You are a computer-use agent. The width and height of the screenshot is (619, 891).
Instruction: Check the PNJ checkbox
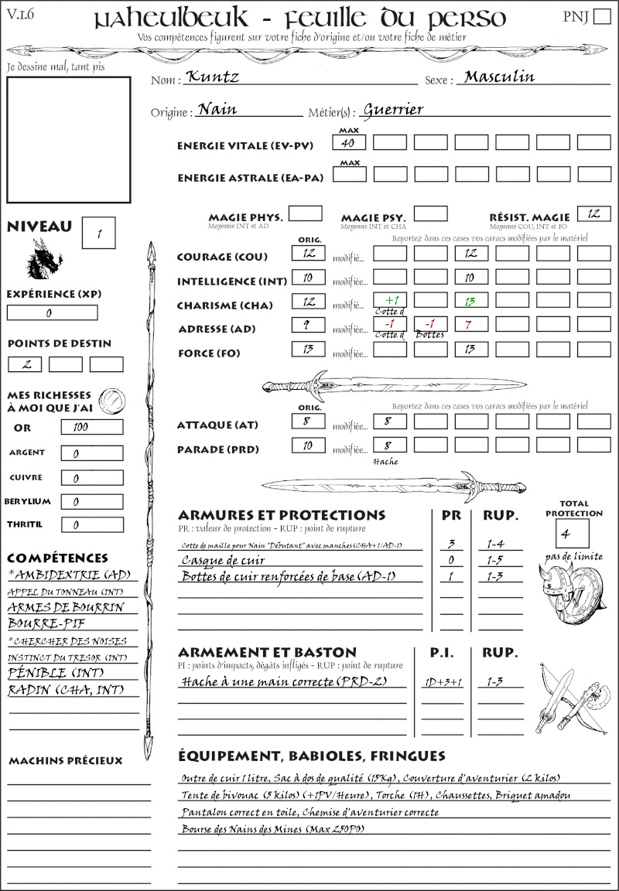[601, 17]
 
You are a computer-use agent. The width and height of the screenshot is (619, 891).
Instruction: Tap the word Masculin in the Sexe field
[499, 77]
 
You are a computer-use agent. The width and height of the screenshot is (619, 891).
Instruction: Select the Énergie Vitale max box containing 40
[350, 142]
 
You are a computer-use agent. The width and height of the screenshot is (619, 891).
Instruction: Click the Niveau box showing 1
[100, 233]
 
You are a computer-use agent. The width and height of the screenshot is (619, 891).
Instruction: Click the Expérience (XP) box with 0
[52, 312]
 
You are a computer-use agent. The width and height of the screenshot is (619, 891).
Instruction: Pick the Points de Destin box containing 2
[25, 364]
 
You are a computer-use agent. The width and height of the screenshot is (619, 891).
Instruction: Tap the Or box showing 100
[91, 427]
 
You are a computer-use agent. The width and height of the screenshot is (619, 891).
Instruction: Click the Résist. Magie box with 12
[593, 213]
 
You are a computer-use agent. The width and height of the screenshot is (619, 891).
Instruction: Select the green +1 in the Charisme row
[390, 299]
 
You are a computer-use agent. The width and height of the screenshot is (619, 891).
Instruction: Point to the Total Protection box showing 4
[573, 534]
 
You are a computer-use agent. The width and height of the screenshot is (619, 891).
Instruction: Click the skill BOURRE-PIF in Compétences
[46, 623]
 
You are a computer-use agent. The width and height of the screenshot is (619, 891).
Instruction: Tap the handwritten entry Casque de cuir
[218, 560]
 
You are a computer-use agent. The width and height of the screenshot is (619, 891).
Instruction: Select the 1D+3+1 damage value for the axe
[443, 681]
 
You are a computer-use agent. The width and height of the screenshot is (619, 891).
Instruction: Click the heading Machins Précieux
[66, 761]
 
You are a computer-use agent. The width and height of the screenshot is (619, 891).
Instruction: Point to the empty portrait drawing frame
[68, 139]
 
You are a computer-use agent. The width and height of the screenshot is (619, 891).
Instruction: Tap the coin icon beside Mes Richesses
[112, 399]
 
